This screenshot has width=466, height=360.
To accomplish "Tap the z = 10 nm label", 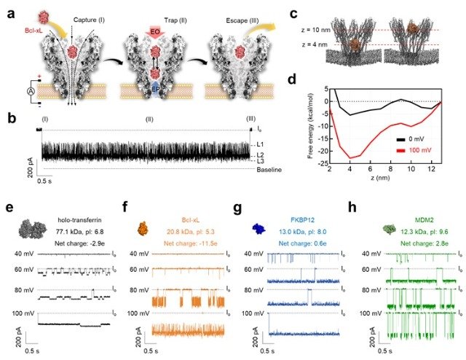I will click(x=300, y=29).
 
